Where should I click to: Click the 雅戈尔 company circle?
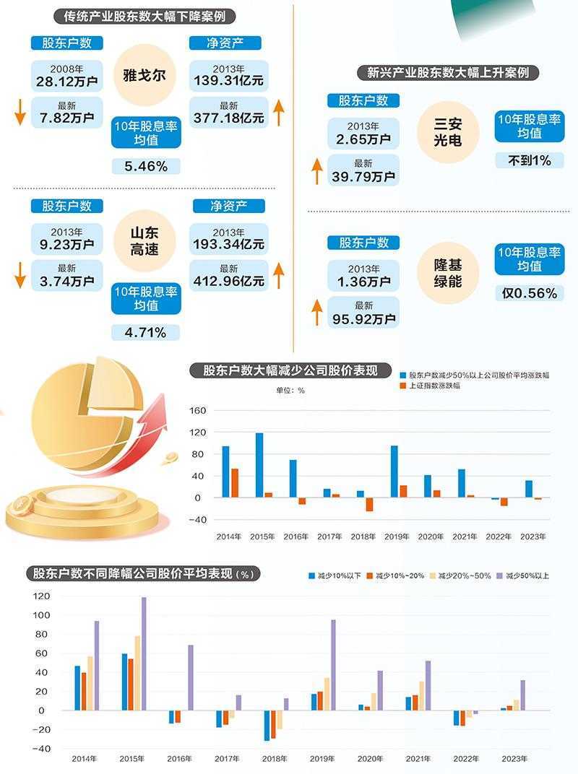coord(144,75)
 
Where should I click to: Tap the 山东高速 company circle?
coord(144,241)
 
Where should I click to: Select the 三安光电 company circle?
coord(447,131)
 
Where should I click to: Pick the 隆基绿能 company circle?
coord(447,271)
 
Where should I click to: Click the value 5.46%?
coord(146,166)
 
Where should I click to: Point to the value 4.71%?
coord(146,332)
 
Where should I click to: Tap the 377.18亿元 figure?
coord(228,118)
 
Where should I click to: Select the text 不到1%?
coord(529,160)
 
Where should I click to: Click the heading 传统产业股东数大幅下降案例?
coord(150,17)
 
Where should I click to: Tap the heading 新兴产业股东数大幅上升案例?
coord(448,72)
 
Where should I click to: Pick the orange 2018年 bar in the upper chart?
coord(369,504)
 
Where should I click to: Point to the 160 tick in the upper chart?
coord(198,411)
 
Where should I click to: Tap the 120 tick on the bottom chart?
coord(41,596)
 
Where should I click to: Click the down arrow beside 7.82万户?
coord(20,116)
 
